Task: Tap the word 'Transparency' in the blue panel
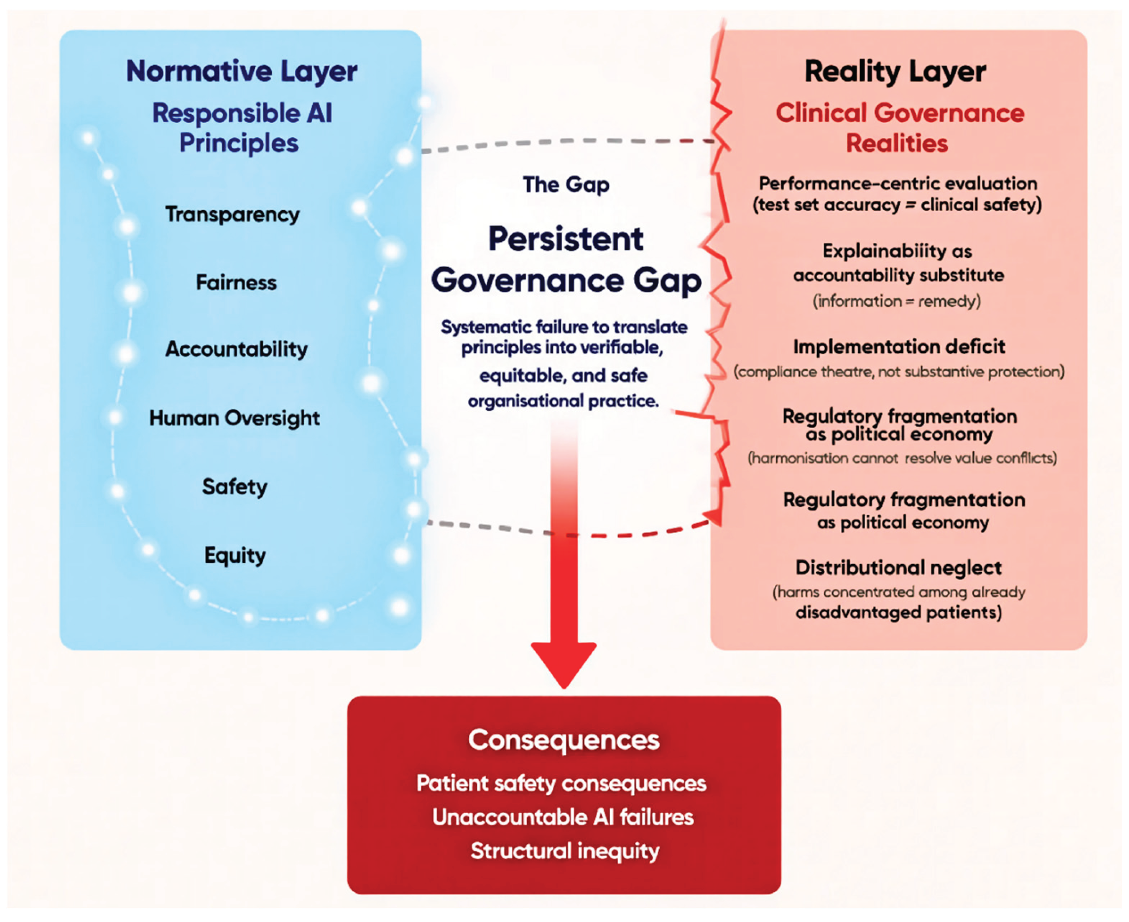click(x=232, y=215)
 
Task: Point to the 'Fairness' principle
click(x=236, y=282)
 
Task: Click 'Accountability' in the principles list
click(x=236, y=349)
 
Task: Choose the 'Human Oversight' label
click(x=234, y=418)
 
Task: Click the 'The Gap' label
click(x=566, y=185)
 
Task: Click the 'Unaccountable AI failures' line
click(x=563, y=817)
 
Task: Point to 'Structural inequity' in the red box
click(x=565, y=851)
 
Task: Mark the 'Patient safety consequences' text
click(x=561, y=783)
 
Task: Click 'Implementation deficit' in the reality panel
click(x=899, y=346)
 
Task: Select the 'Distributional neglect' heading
click(x=898, y=567)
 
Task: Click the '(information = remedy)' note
click(x=897, y=301)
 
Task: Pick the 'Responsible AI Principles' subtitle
click(x=242, y=128)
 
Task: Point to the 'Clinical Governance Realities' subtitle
click(x=900, y=128)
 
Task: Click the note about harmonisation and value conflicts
click(x=902, y=458)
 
